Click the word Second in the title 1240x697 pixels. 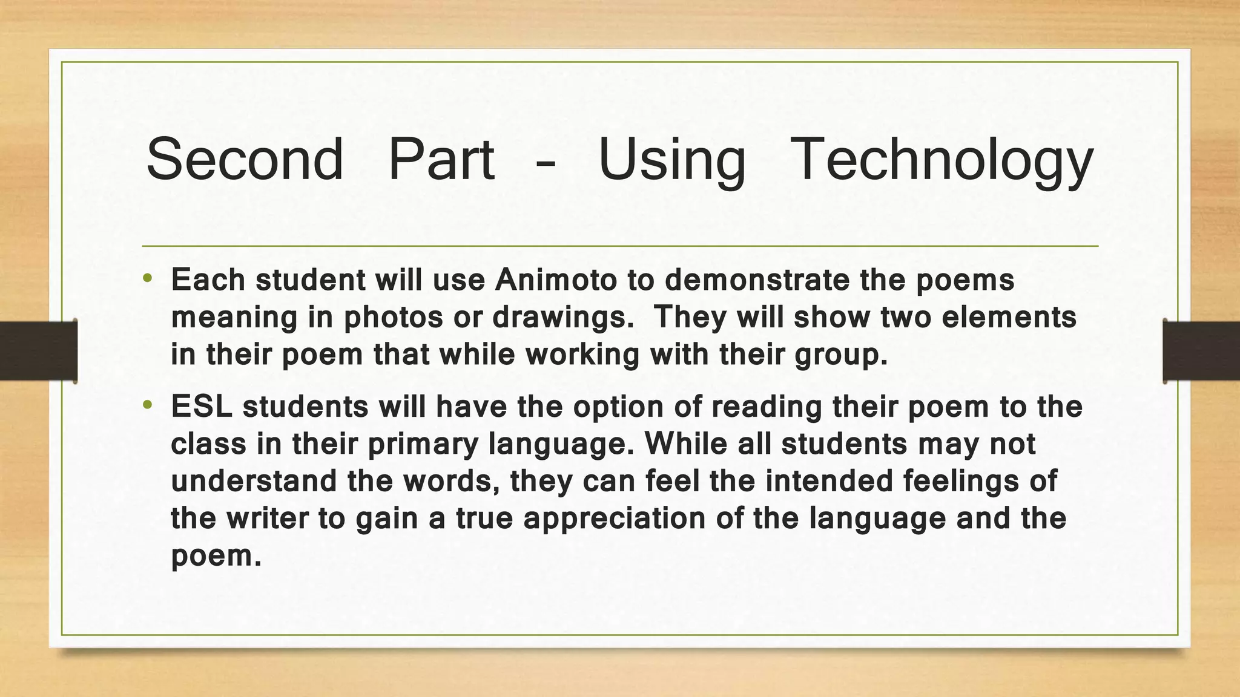click(x=245, y=159)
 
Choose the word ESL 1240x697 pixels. click(x=202, y=407)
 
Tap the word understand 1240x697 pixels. click(x=254, y=482)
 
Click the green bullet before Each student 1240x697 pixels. click(x=148, y=280)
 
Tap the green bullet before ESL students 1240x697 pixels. click(x=148, y=406)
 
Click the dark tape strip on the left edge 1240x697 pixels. click(x=38, y=351)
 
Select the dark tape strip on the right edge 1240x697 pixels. click(x=1201, y=351)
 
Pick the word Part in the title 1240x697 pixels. click(x=441, y=159)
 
